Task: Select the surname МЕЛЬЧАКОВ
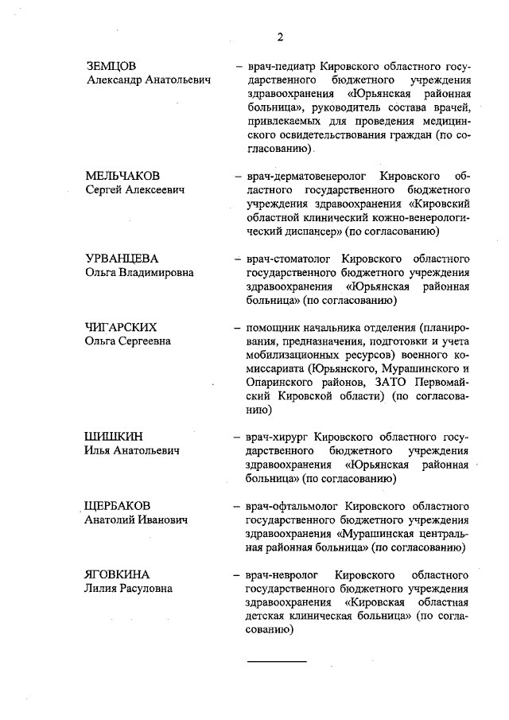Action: point(122,175)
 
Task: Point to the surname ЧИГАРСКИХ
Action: point(121,327)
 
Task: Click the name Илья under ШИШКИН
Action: point(99,450)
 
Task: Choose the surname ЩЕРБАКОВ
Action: point(119,506)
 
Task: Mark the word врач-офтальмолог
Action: point(293,506)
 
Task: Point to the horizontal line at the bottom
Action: point(275,661)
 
